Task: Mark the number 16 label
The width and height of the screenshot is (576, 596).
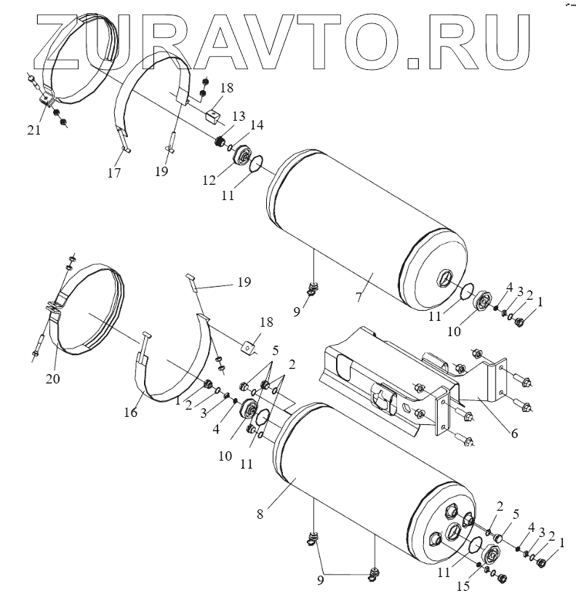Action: [x=131, y=412]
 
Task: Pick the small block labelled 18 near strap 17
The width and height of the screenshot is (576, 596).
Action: [x=213, y=115]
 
